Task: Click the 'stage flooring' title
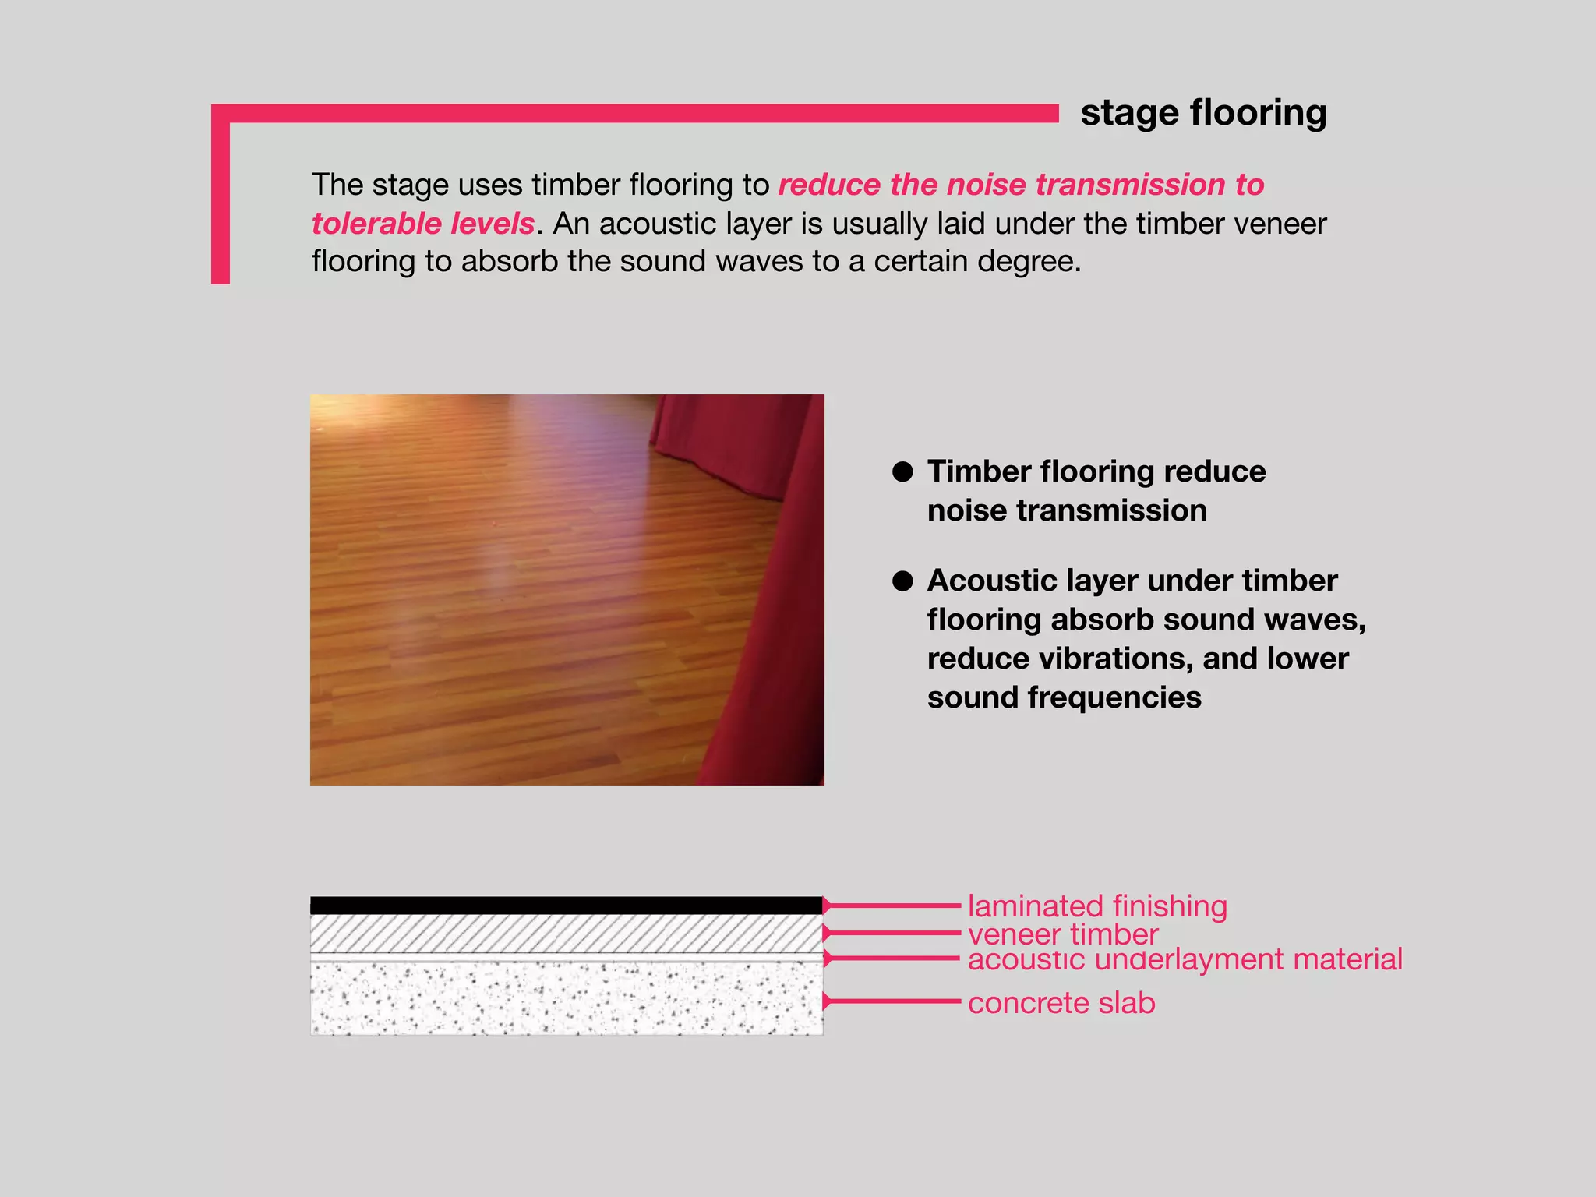(x=1203, y=113)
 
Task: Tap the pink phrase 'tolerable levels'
(x=423, y=224)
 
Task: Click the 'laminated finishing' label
(x=1097, y=906)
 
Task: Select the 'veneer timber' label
(x=1063, y=934)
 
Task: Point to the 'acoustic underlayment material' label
(x=1185, y=959)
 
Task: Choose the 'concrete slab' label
(x=1061, y=1003)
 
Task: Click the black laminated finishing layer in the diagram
(x=567, y=906)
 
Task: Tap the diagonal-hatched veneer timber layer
(x=567, y=933)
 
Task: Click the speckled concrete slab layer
(x=567, y=999)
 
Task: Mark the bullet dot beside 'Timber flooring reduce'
(x=902, y=471)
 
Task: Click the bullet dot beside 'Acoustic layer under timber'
(x=902, y=581)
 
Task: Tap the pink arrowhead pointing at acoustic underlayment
(x=828, y=959)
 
